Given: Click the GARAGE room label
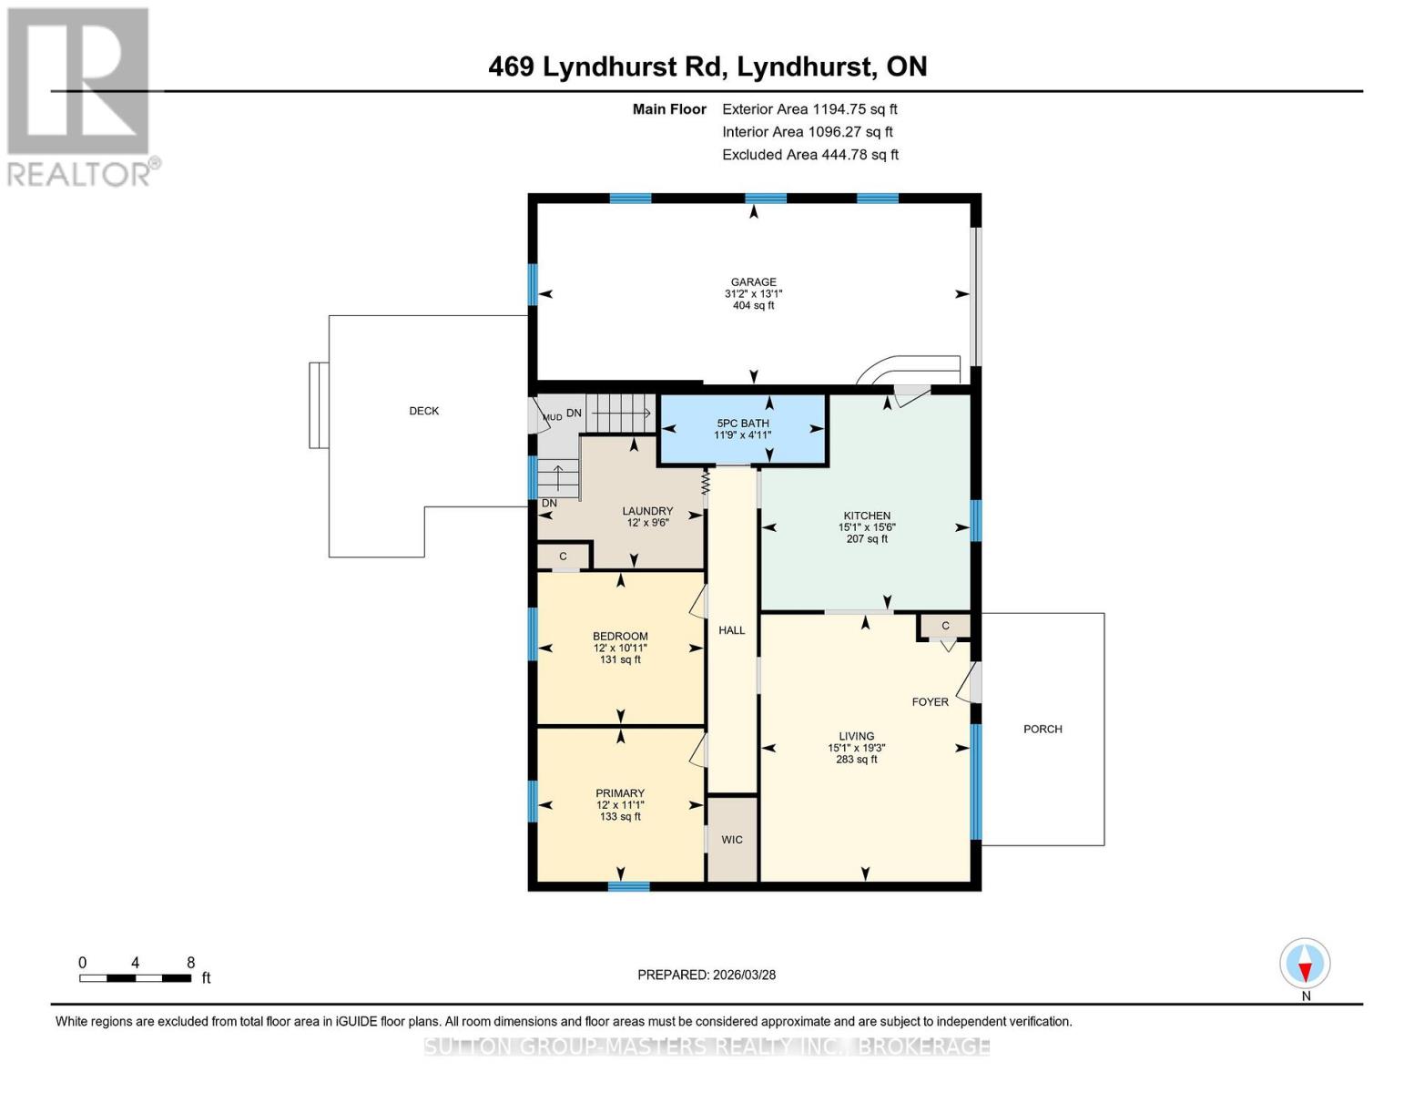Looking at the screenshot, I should (753, 282).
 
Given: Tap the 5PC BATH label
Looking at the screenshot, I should (742, 424).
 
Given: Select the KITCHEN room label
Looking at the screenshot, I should (866, 516).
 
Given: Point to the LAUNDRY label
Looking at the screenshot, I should (647, 511).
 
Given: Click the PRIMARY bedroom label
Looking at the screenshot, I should (620, 793).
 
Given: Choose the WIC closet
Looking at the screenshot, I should (732, 840).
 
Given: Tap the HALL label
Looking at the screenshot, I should (731, 630).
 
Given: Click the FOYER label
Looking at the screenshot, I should (930, 702).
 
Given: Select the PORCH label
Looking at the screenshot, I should (1043, 729).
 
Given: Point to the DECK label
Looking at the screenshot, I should (423, 411).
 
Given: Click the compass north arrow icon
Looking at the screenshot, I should (1305, 964).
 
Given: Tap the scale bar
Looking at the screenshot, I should (135, 978).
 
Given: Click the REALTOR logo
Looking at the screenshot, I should (80, 96).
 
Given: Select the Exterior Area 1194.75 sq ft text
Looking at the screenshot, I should (809, 109).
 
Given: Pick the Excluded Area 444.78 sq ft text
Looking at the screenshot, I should (809, 155).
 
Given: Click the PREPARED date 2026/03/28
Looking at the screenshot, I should (707, 975).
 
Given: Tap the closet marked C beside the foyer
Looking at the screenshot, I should (945, 626).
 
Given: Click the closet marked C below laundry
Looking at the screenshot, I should (563, 557).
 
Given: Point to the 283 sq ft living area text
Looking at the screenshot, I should (856, 760).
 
